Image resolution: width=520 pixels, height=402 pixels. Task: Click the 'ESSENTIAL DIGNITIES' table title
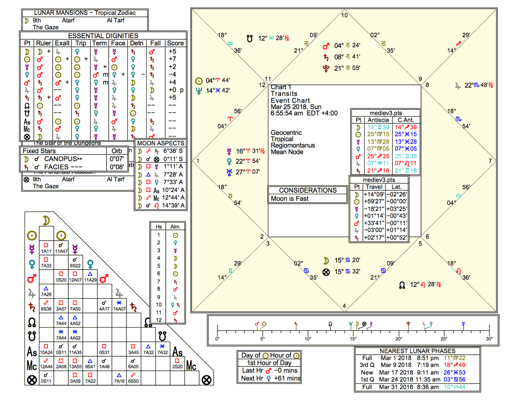click(103, 35)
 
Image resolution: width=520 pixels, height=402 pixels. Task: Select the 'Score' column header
click(175, 43)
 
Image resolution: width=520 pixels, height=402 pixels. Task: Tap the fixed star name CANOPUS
click(61, 159)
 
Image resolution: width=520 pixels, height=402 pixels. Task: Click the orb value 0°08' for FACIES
click(117, 167)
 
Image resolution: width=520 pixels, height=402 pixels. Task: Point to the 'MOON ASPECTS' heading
click(160, 143)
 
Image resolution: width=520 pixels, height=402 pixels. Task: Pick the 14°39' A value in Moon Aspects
click(173, 205)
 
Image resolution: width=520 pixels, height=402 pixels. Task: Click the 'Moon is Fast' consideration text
click(290, 199)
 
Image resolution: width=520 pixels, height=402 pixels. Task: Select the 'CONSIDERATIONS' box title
click(308, 190)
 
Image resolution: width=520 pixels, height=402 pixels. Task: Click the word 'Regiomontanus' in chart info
click(293, 145)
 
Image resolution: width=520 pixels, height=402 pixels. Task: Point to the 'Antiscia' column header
click(378, 120)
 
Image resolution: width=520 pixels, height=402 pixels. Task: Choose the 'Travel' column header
click(374, 187)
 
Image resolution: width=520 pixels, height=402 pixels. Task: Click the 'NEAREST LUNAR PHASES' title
click(417, 351)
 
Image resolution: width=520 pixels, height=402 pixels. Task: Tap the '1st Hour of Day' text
click(269, 363)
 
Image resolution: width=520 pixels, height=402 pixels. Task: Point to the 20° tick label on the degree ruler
click(399, 339)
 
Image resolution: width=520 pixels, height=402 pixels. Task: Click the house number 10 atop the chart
click(344, 15)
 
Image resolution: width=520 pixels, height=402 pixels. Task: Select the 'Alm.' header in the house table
click(175, 227)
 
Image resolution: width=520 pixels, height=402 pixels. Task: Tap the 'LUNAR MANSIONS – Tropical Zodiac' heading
click(85, 13)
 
